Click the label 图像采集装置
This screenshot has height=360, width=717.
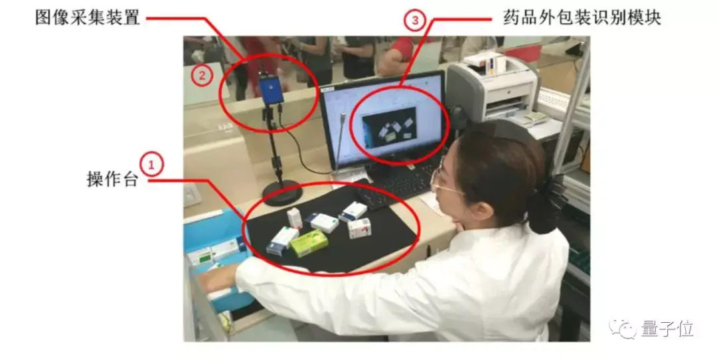[88, 18]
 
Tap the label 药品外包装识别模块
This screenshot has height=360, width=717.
[582, 18]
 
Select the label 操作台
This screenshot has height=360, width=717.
[112, 179]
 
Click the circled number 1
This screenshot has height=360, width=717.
[151, 165]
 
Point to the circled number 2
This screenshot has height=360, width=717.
[202, 75]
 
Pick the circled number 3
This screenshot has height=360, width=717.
[415, 20]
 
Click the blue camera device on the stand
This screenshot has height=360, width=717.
[271, 89]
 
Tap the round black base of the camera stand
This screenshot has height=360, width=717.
[283, 193]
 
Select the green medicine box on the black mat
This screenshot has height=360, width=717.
[309, 242]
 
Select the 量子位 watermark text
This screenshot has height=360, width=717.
[667, 329]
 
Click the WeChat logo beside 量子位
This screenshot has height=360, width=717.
[623, 328]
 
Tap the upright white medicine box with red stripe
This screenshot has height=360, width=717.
[295, 219]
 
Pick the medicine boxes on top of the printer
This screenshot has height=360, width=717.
[484, 62]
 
